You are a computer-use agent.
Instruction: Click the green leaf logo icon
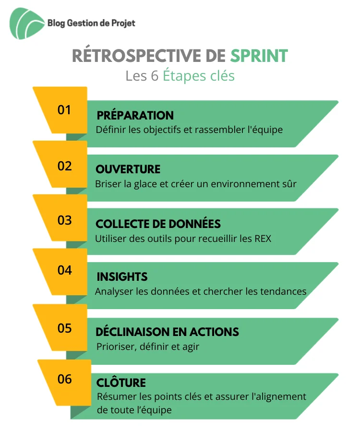(x=26, y=23)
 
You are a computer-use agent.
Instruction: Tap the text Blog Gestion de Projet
(x=91, y=23)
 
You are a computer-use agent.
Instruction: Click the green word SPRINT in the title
(x=259, y=56)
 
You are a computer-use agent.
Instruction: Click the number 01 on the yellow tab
(x=64, y=110)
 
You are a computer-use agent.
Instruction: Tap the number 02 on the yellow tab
(x=64, y=166)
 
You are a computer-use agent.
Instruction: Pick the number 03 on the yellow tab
(x=64, y=220)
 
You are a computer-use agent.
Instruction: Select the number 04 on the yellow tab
(x=64, y=270)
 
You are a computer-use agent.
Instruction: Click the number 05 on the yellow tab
(x=64, y=328)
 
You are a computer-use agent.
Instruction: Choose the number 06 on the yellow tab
(x=64, y=379)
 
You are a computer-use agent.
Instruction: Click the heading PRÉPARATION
(x=135, y=115)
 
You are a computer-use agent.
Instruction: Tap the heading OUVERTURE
(x=128, y=169)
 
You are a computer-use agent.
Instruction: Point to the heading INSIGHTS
(x=122, y=276)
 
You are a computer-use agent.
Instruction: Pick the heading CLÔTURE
(x=121, y=382)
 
